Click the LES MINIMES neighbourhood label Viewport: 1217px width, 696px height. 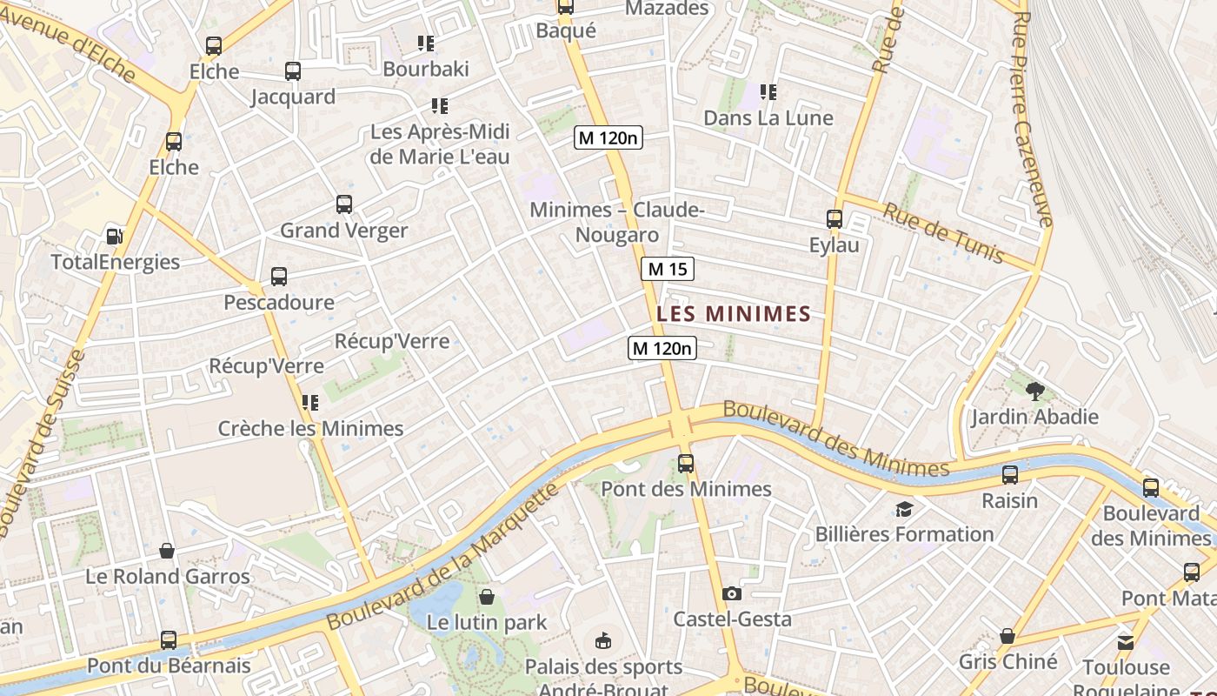(x=734, y=314)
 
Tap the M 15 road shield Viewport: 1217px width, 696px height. (x=668, y=270)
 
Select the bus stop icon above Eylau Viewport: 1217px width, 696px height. (x=835, y=219)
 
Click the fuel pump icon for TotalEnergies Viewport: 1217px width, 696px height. (x=114, y=236)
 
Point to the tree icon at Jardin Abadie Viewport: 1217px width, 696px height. (x=1034, y=391)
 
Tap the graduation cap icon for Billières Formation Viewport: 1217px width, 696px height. (x=904, y=509)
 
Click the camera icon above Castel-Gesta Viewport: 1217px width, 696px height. (x=732, y=593)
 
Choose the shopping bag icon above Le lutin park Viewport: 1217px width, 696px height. (x=487, y=597)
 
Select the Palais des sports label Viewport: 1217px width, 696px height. (x=603, y=667)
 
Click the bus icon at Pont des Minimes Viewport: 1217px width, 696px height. (x=686, y=464)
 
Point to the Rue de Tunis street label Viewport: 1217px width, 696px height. (x=943, y=233)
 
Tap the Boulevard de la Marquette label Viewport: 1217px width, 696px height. (x=443, y=557)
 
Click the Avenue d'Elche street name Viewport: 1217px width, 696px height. (x=70, y=43)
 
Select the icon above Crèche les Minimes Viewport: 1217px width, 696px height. (x=310, y=403)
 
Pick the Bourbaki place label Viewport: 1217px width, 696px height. (x=426, y=69)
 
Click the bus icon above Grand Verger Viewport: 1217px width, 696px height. (x=344, y=204)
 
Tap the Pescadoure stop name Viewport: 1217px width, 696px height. (x=279, y=303)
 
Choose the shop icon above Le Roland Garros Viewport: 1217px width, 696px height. (x=167, y=551)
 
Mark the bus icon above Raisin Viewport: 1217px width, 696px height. (x=1010, y=475)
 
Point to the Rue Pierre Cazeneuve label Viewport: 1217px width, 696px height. (x=1032, y=117)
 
